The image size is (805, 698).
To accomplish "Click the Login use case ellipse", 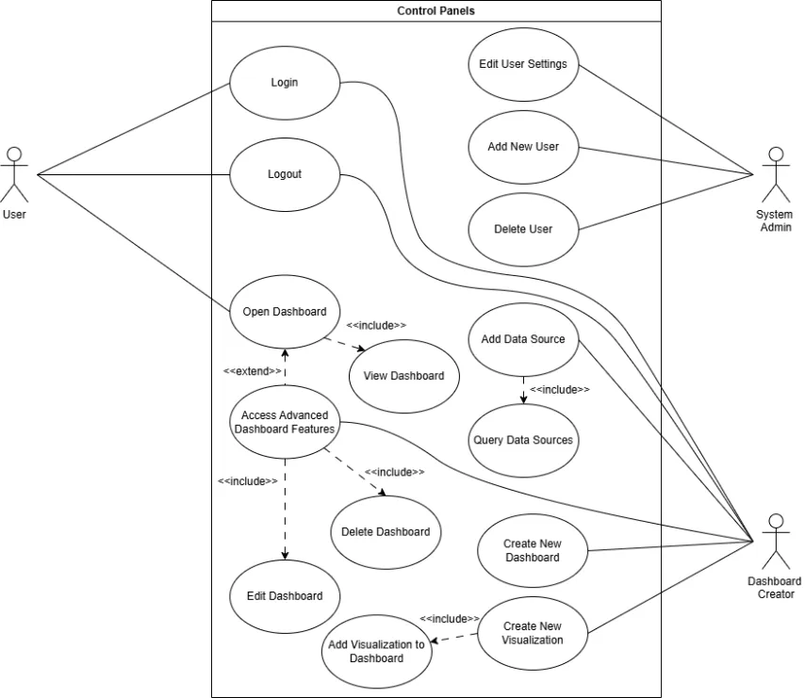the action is [x=285, y=83].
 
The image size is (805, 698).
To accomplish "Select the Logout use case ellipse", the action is [x=285, y=175].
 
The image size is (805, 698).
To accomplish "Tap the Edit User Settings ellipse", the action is [x=523, y=65].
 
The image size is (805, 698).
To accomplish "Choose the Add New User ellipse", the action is [x=523, y=147].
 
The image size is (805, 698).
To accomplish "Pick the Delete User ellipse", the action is [x=523, y=230].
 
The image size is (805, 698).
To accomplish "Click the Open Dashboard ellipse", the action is [x=285, y=312].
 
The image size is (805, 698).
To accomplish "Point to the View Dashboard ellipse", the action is [x=404, y=376].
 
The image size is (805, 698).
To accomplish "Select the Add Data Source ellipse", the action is [x=523, y=339].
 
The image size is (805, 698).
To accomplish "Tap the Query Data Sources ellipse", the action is [x=523, y=441].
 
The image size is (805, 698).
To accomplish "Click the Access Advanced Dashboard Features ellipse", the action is [x=285, y=422].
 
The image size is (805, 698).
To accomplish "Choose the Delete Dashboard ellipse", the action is [x=386, y=532].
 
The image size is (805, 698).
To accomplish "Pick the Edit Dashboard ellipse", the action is [x=285, y=596].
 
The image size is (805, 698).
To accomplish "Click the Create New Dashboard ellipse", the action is [x=533, y=551].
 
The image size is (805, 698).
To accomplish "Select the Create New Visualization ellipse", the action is [x=533, y=633].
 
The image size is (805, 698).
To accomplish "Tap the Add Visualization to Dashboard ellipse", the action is [x=376, y=651].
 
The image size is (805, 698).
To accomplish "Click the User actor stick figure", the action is [x=14, y=175].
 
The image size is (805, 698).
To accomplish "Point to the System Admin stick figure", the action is [x=776, y=175].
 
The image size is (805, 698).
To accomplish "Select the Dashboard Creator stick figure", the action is [x=776, y=542].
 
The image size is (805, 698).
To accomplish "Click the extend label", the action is [x=252, y=371].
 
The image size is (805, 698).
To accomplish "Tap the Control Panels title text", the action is [x=435, y=10].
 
